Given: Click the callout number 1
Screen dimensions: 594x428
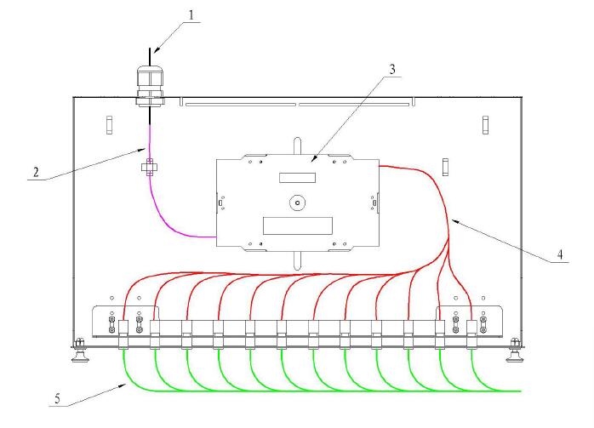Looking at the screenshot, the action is click(x=191, y=15).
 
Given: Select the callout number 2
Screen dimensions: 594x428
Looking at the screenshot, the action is click(x=36, y=173).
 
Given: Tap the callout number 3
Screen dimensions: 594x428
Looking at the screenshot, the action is click(x=392, y=69).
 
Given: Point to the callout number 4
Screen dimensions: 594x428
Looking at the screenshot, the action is click(x=560, y=254).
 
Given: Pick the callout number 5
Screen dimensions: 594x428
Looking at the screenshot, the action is click(x=57, y=399).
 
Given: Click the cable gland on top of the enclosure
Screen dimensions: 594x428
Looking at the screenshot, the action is click(x=150, y=86).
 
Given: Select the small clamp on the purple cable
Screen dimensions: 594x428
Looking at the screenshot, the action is click(x=150, y=167).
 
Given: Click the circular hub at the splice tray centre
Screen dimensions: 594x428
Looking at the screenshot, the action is click(x=297, y=203).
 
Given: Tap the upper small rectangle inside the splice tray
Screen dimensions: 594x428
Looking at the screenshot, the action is click(x=297, y=178).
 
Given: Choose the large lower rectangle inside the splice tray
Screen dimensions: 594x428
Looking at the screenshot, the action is click(x=298, y=225).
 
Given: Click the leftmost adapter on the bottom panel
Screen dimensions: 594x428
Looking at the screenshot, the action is click(x=123, y=334).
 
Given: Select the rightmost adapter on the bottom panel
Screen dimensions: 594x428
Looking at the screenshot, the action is click(x=471, y=334).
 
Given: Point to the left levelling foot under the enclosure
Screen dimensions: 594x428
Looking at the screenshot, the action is click(x=79, y=351).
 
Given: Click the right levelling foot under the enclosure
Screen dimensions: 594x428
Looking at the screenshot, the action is click(x=515, y=351).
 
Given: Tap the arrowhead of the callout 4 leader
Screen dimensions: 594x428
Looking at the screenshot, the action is click(x=454, y=221).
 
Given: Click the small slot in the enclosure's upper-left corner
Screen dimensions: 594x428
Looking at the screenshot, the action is click(x=109, y=125).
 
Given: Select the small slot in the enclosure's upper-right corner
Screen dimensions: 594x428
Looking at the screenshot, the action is click(x=485, y=125).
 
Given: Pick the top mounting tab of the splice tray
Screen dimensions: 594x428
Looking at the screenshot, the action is click(x=297, y=146).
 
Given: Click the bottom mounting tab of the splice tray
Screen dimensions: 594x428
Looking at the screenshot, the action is click(x=297, y=260).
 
